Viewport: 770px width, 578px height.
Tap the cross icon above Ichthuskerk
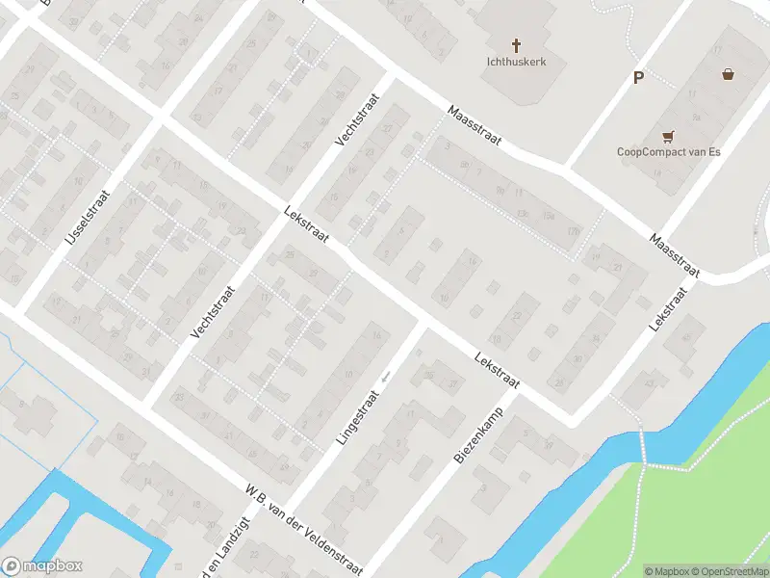coord(516,44)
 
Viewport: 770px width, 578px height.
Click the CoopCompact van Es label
coord(669,151)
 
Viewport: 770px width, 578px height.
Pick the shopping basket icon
coord(729,74)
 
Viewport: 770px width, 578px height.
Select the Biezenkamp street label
coord(479,438)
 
